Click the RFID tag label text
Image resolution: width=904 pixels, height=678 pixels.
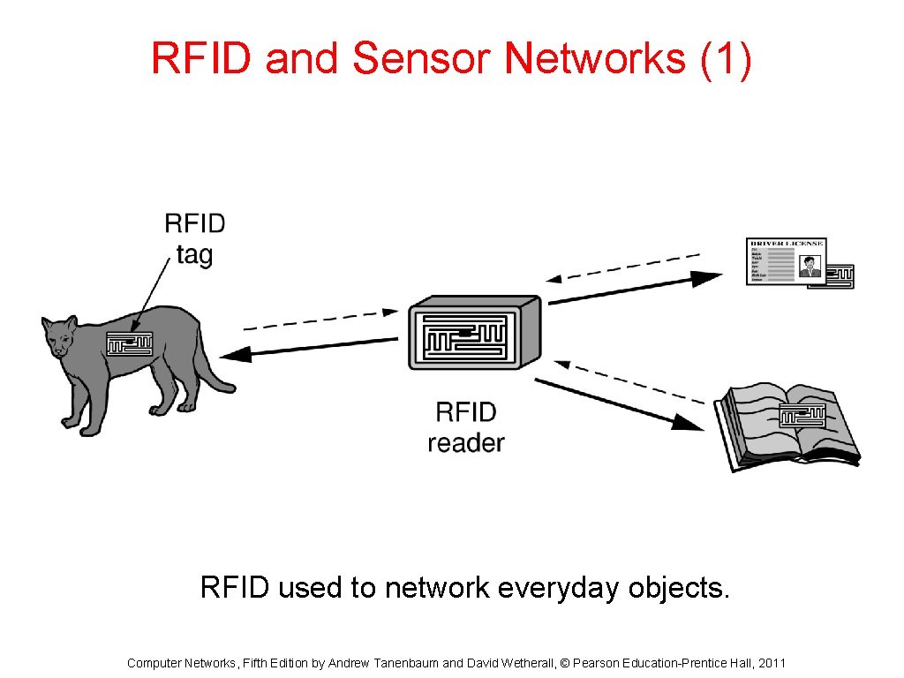[x=194, y=238]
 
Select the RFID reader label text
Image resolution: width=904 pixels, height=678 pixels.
[x=466, y=426]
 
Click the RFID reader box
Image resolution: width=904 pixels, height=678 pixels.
[x=474, y=332]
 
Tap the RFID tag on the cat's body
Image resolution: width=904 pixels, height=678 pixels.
[x=129, y=342]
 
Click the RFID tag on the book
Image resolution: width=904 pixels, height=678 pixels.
[x=802, y=414]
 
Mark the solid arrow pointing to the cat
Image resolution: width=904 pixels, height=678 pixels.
[x=309, y=348]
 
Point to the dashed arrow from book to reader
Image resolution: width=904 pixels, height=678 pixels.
[x=630, y=380]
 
